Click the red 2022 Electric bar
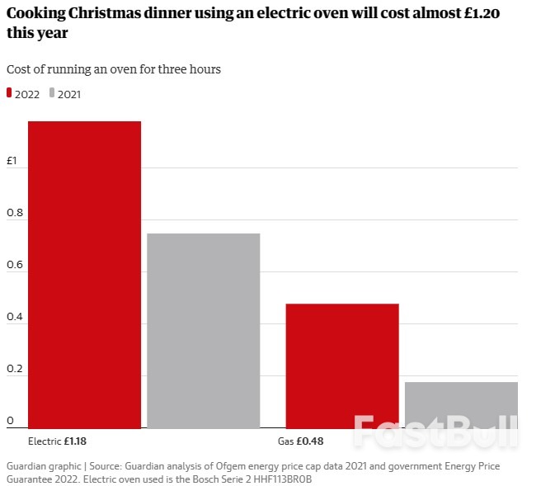pos(84,275)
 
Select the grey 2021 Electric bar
pos(203,331)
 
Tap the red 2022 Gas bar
pos(342,366)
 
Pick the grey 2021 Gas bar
pos(461,404)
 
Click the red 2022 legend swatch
pos(9,94)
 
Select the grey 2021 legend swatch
pos(51,94)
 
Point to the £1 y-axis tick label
pos(12,162)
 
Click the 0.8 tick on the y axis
pos(13,213)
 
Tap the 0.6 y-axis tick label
pos(13,265)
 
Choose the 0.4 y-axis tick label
pos(13,317)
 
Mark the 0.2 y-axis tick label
pos(13,369)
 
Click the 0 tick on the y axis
pos(10,421)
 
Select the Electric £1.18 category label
pos(57,441)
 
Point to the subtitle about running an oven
pos(114,69)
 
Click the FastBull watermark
pos(435,432)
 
